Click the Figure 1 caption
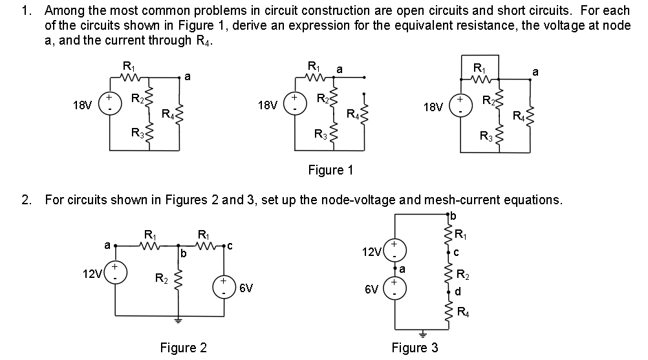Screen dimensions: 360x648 click(330, 171)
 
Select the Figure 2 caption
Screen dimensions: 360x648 click(183, 348)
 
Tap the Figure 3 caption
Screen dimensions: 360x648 click(415, 348)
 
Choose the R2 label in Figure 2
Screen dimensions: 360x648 click(161, 279)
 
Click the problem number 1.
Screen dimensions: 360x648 click(25, 10)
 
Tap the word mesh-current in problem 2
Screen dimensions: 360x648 click(453, 200)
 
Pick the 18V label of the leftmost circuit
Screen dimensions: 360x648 click(81, 104)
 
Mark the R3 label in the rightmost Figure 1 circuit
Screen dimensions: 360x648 click(486, 136)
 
